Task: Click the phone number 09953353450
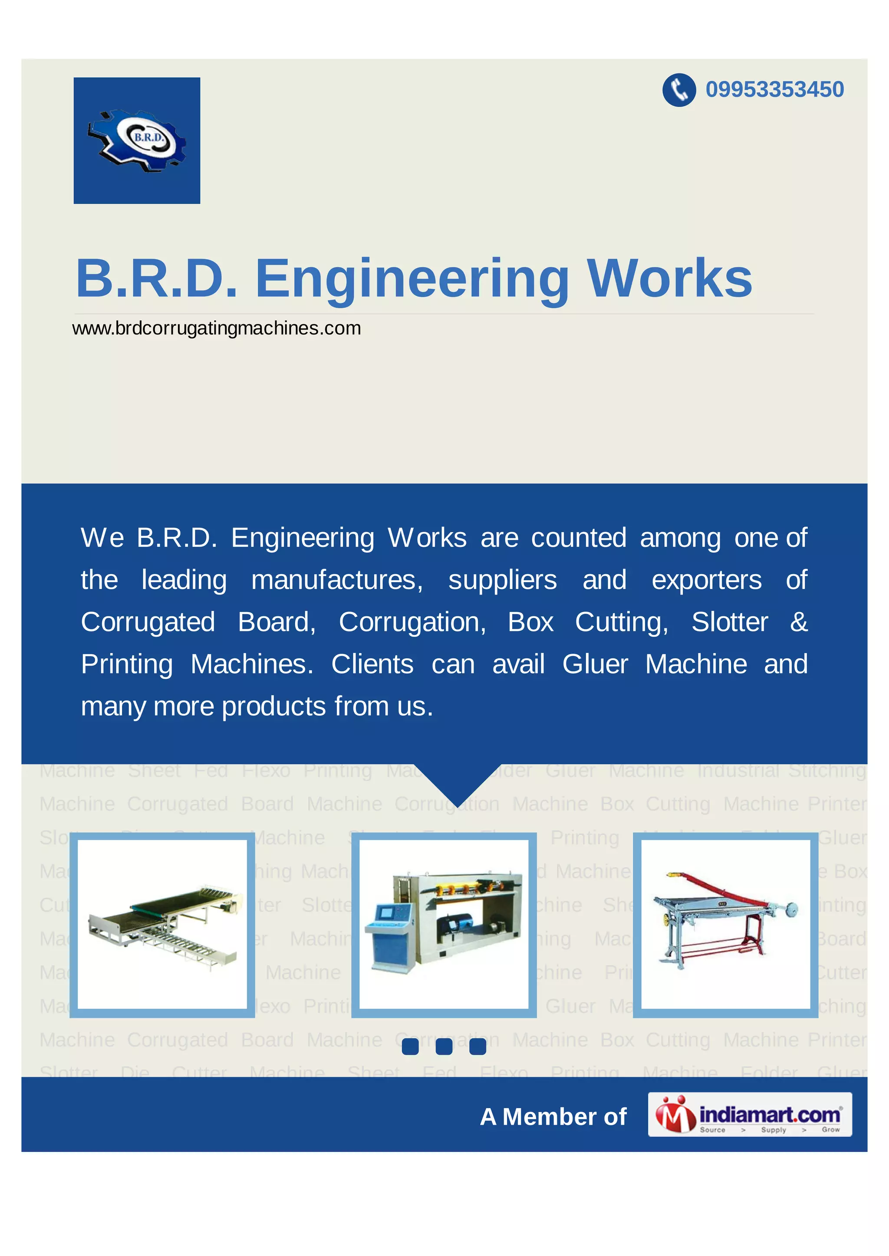(774, 89)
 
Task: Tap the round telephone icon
(679, 90)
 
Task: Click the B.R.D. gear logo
(137, 141)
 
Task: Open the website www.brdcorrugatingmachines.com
(216, 328)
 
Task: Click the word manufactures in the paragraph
(337, 580)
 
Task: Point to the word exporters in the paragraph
(706, 580)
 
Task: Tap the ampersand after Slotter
(799, 622)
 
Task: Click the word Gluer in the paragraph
(595, 664)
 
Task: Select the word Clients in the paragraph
(372, 664)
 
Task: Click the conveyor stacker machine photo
(163, 925)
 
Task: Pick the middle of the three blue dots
(444, 1047)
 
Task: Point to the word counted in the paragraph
(579, 538)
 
